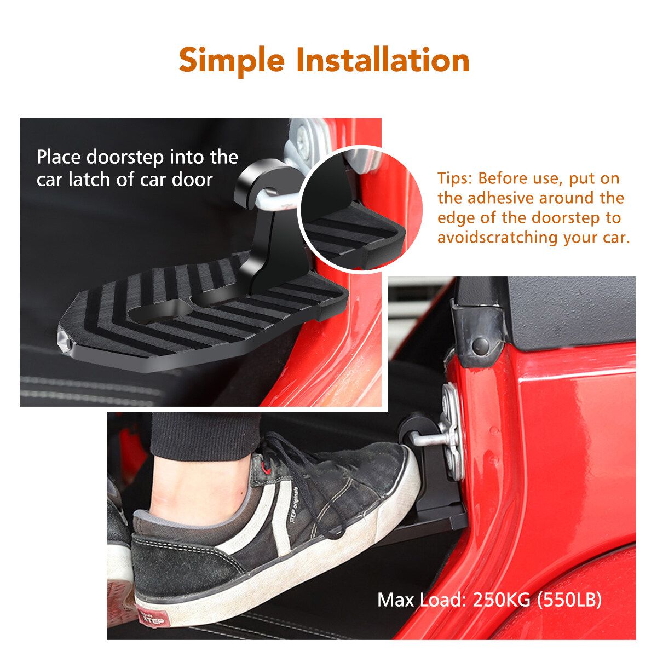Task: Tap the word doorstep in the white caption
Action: [125, 158]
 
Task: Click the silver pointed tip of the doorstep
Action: [64, 339]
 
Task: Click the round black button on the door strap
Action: [480, 345]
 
